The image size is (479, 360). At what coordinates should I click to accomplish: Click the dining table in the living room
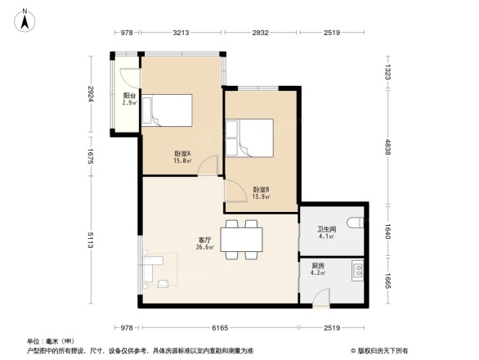point(243,240)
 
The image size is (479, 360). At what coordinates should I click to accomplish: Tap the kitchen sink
point(357,269)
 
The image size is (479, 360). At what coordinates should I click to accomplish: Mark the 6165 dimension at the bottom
point(218,327)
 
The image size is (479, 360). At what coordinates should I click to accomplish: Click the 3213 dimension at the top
point(181,33)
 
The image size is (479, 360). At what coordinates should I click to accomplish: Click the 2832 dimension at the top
point(260,33)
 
